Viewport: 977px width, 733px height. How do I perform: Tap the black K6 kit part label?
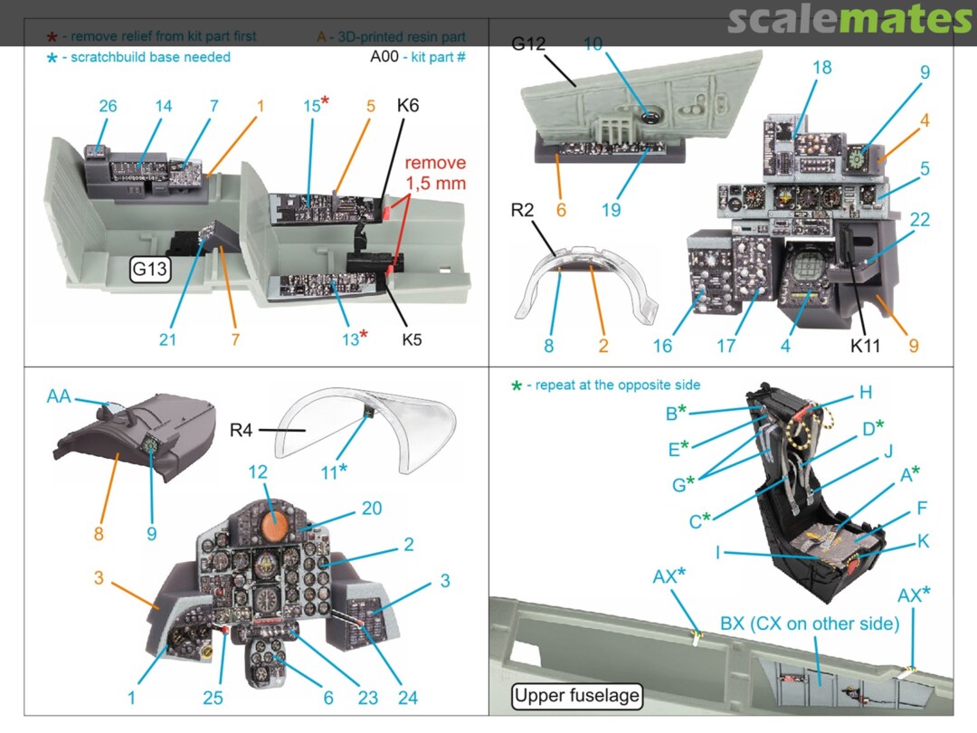(408, 106)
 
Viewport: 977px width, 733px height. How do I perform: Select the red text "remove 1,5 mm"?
(435, 173)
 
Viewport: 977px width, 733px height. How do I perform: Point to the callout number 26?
(108, 106)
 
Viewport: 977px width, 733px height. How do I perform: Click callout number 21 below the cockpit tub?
(167, 339)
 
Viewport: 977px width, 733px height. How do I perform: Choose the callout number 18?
(821, 68)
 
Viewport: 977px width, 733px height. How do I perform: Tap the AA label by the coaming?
(59, 397)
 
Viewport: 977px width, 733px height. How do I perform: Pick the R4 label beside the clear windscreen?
(240, 432)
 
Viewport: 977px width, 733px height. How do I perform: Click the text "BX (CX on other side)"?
(810, 624)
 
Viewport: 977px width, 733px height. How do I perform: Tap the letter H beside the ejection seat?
(866, 392)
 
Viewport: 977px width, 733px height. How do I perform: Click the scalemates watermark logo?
(849, 20)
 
